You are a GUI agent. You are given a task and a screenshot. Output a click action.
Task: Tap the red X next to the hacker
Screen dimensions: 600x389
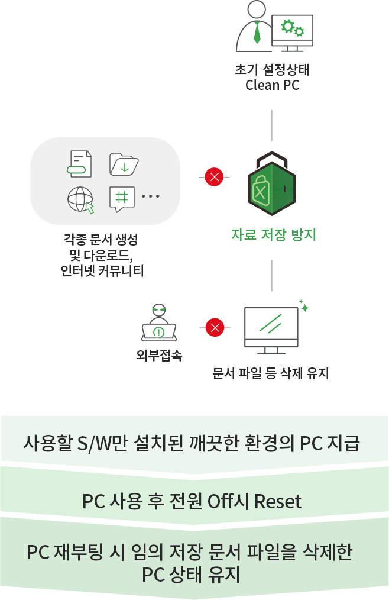pyautogui.click(x=215, y=327)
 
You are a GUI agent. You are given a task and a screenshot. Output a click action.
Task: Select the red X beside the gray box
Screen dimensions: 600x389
pyautogui.click(x=214, y=177)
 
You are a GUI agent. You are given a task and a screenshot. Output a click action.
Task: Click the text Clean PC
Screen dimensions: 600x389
pyautogui.click(x=273, y=85)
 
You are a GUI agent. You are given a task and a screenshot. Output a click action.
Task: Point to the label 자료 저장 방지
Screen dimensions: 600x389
pyautogui.click(x=273, y=235)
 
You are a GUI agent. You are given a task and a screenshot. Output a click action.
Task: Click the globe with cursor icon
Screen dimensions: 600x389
pyautogui.click(x=80, y=199)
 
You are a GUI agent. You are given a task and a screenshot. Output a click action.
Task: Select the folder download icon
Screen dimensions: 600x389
pyautogui.click(x=124, y=164)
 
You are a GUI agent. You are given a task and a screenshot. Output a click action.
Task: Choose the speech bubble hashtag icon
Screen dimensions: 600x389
pyautogui.click(x=123, y=199)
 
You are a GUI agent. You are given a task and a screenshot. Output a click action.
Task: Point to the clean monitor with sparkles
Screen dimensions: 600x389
pyautogui.click(x=271, y=325)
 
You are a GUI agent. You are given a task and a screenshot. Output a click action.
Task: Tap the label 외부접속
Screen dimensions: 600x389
pyautogui.click(x=159, y=356)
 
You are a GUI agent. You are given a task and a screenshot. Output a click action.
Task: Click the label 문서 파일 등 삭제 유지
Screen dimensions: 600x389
pyautogui.click(x=271, y=374)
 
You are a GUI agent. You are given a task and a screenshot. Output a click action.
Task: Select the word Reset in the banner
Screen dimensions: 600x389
pyautogui.click(x=277, y=502)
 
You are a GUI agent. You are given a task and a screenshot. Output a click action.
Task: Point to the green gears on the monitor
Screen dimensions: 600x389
pyautogui.click(x=292, y=28)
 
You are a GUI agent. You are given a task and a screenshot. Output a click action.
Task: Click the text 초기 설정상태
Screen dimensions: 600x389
pyautogui.click(x=273, y=70)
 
